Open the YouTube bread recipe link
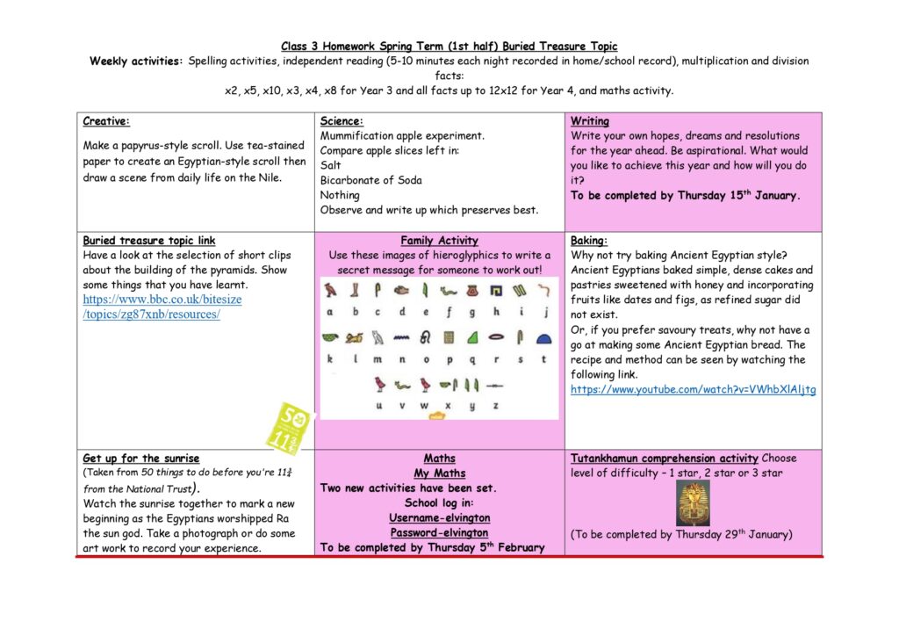pyautogui.click(x=693, y=389)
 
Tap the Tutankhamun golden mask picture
pyautogui.click(x=692, y=504)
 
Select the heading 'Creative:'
pyautogui.click(x=106, y=121)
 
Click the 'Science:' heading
pyautogui.click(x=342, y=121)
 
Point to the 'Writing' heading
pyautogui.click(x=589, y=121)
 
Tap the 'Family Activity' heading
pyautogui.click(x=439, y=241)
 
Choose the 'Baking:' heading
pyautogui.click(x=589, y=241)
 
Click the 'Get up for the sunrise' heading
pyautogui.click(x=140, y=459)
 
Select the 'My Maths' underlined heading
pyautogui.click(x=439, y=473)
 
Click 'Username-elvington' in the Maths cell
pyautogui.click(x=439, y=518)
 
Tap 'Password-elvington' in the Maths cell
pyautogui.click(x=439, y=532)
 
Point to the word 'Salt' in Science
pyautogui.click(x=331, y=165)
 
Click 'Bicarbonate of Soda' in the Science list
pyautogui.click(x=370, y=180)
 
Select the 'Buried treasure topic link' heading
pyautogui.click(x=148, y=241)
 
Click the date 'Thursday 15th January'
pyautogui.click(x=737, y=195)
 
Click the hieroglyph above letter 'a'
pyautogui.click(x=330, y=290)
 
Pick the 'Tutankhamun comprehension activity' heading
pyautogui.click(x=665, y=459)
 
